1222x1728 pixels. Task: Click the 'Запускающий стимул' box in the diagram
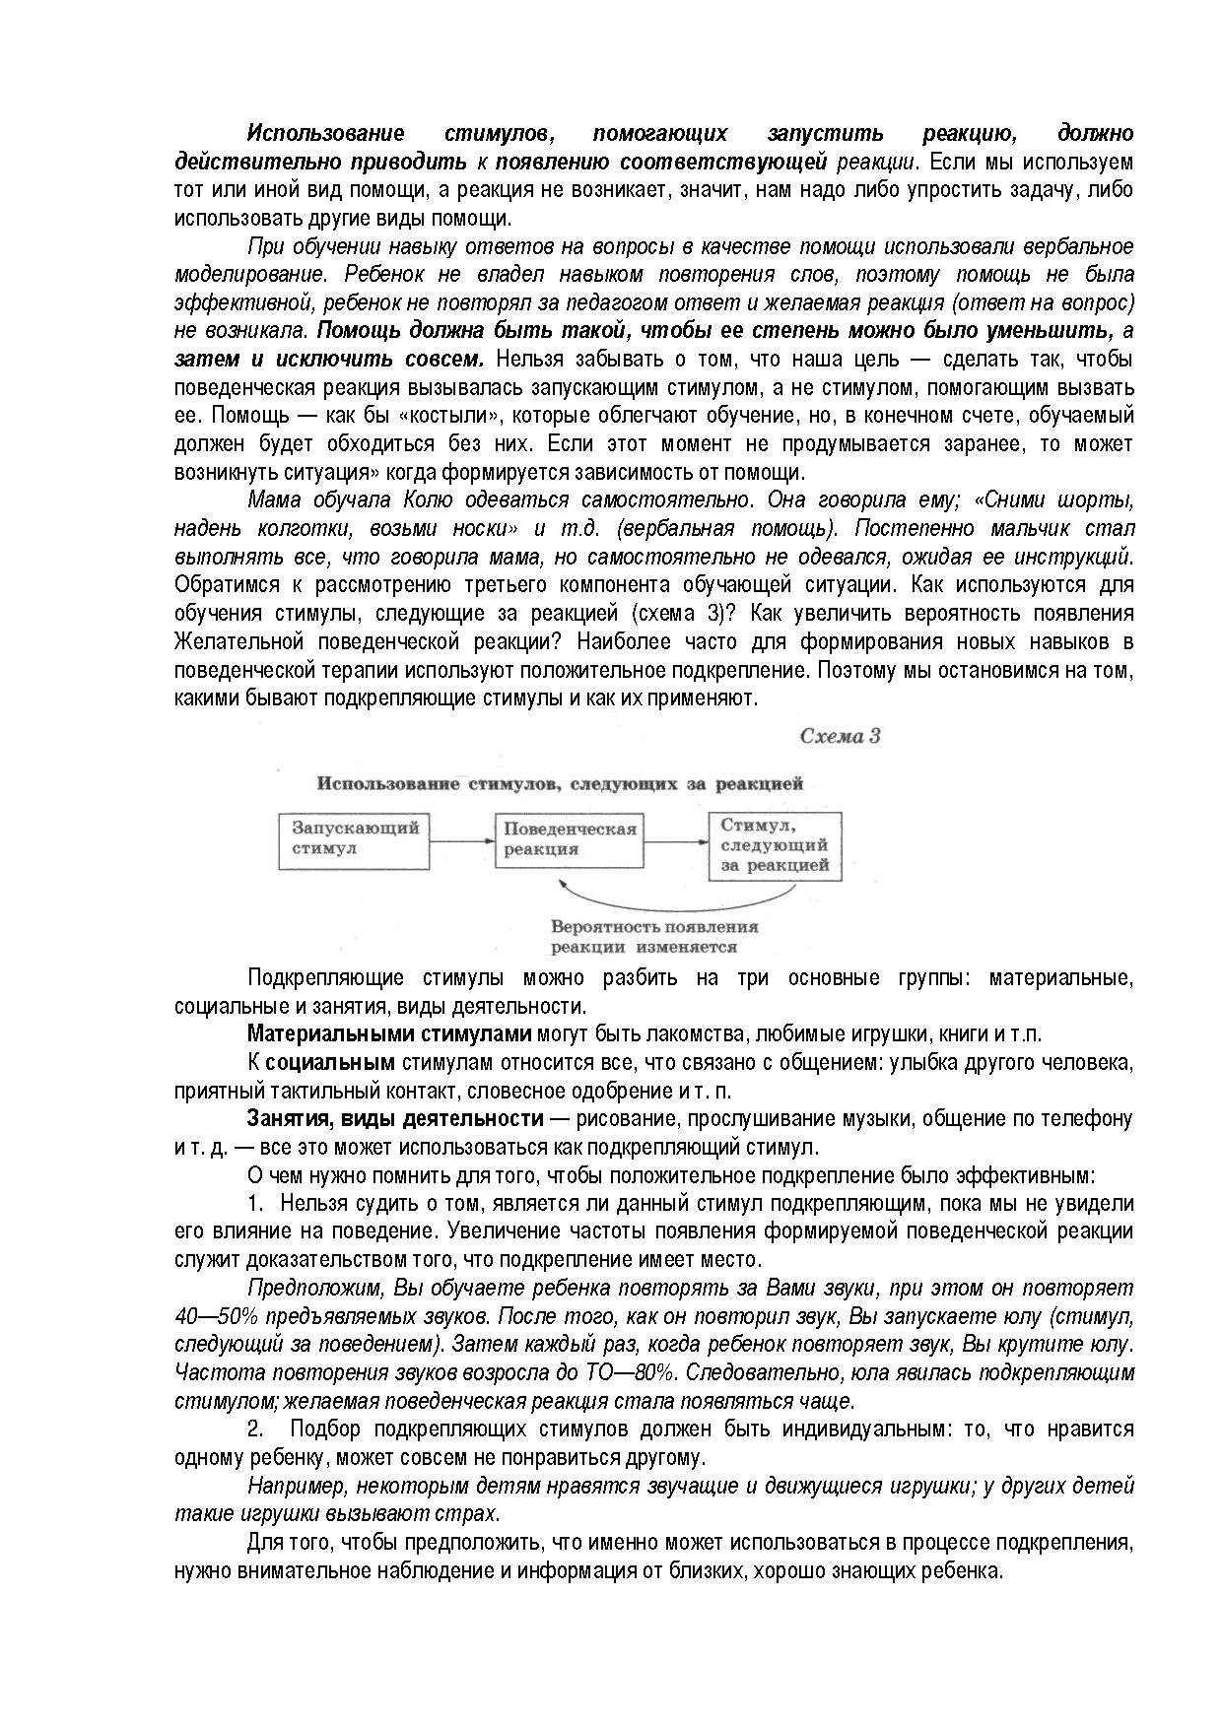[x=355, y=840]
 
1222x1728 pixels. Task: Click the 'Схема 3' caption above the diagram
[x=840, y=737]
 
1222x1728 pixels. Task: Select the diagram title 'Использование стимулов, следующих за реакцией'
[x=560, y=784]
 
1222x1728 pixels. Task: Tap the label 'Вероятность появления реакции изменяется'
[x=654, y=937]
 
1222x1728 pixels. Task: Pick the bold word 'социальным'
[x=330, y=1063]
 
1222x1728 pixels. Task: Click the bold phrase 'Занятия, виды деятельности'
[x=395, y=1119]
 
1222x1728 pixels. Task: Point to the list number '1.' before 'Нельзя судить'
[x=256, y=1203]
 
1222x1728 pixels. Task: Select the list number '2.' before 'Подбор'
[x=255, y=1429]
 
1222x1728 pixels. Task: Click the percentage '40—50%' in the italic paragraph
[x=210, y=1316]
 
